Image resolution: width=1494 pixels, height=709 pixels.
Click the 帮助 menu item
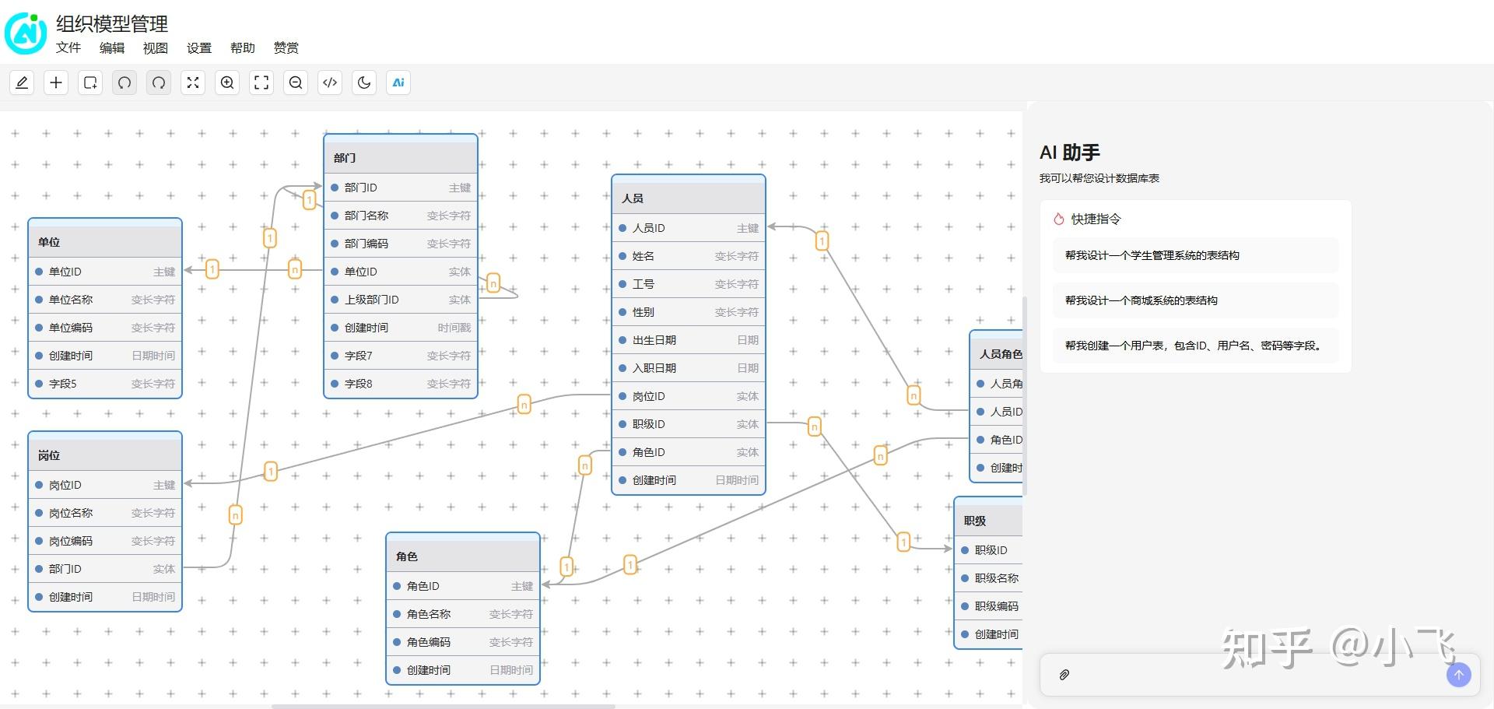coord(242,48)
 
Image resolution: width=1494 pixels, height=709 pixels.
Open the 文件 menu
coord(68,48)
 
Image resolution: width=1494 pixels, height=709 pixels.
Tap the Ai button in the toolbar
coord(398,82)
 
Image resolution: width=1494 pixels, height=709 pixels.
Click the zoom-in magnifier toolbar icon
coord(227,82)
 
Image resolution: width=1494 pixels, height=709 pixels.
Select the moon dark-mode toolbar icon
coord(364,82)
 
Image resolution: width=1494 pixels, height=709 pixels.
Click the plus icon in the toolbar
coord(56,82)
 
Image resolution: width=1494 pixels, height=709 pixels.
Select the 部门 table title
coord(345,158)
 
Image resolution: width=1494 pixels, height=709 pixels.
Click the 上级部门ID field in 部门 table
coord(372,300)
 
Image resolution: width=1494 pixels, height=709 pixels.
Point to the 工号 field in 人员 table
coord(644,284)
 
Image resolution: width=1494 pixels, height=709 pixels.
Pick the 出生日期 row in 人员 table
coord(654,340)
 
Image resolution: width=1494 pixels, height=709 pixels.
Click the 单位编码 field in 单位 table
coord(71,328)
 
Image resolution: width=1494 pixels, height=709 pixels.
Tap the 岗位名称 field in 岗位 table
coord(71,513)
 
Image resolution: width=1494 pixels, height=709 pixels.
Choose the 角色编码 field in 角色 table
coord(429,642)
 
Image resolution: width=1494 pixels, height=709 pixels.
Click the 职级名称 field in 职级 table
coord(996,578)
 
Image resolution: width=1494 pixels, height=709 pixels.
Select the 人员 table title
coord(633,198)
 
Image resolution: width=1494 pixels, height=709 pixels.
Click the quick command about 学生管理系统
coord(1152,255)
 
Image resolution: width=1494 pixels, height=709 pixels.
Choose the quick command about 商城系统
coord(1141,300)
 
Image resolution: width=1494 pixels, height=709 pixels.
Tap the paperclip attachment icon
coord(1064,675)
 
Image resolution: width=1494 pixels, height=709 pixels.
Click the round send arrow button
coord(1458,675)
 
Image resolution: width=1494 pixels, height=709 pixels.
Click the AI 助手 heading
coord(1069,153)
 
